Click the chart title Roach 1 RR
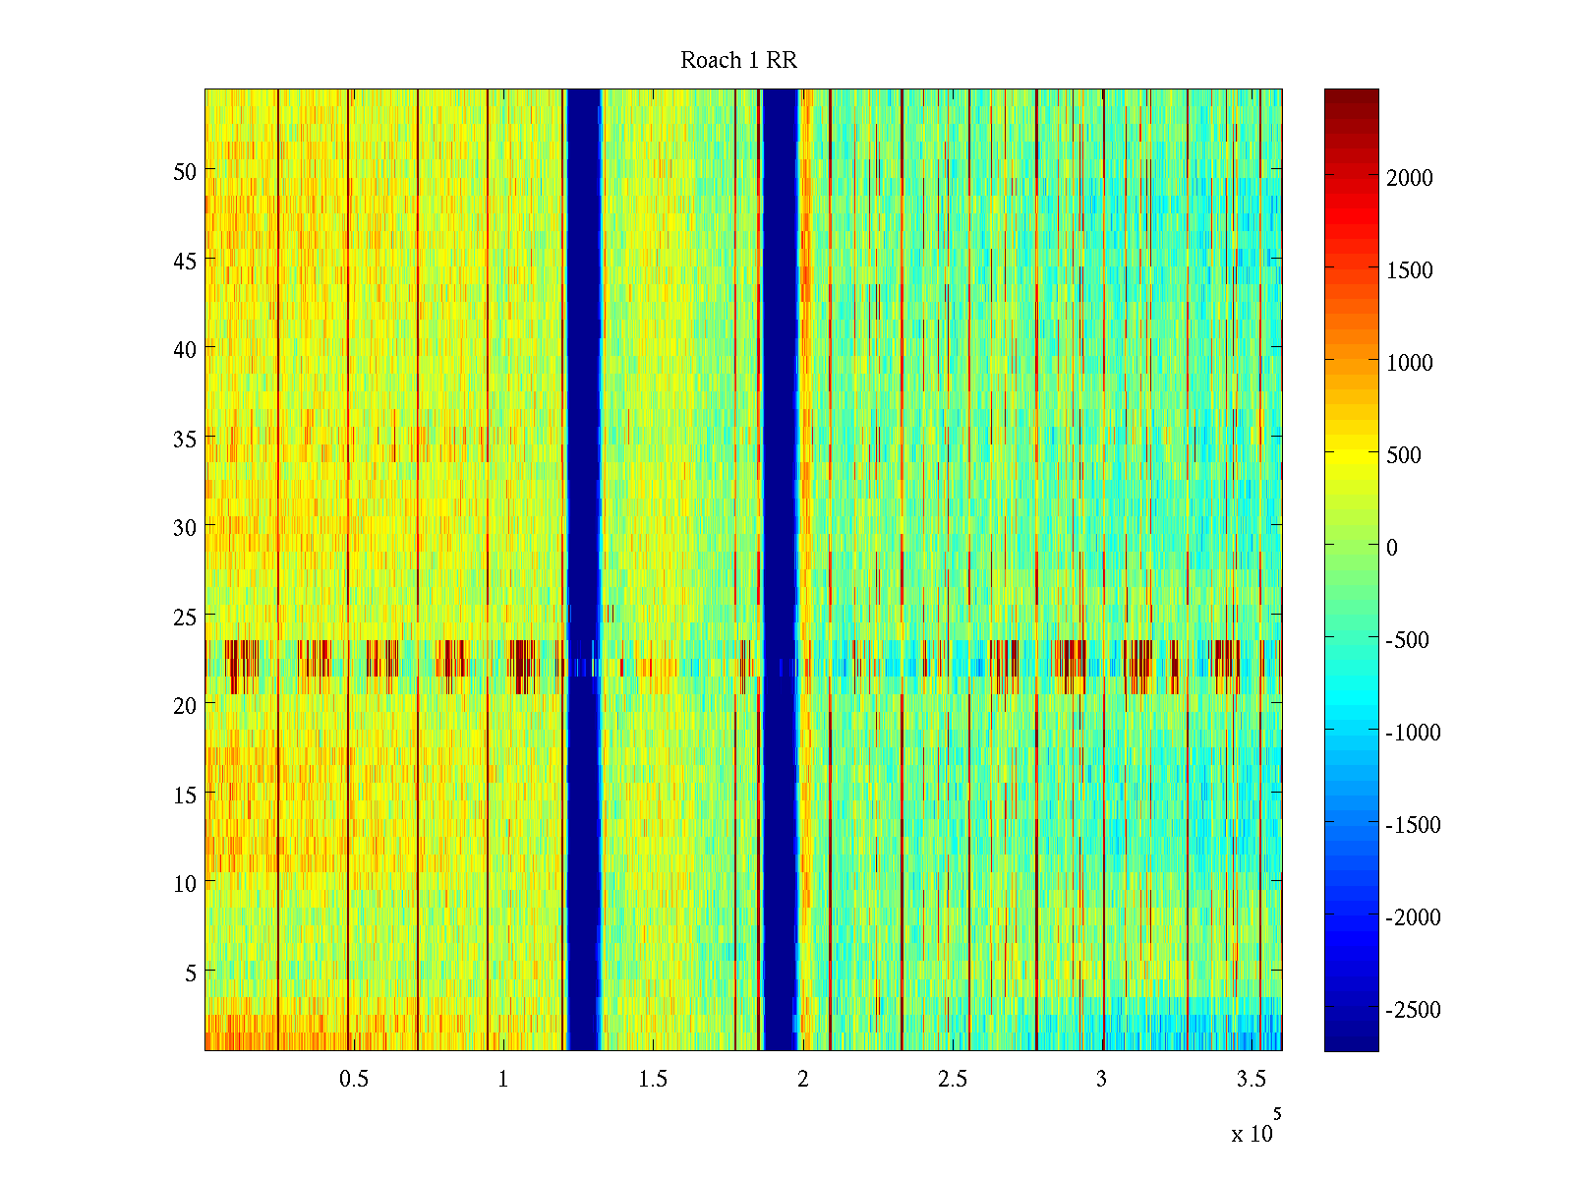pyautogui.click(x=738, y=61)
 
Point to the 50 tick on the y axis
pyautogui.click(x=185, y=171)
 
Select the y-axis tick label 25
pyautogui.click(x=185, y=617)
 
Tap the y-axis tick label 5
pyautogui.click(x=191, y=973)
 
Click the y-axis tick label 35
pyautogui.click(x=185, y=439)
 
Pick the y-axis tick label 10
pyautogui.click(x=185, y=884)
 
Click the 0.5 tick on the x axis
pyautogui.click(x=354, y=1080)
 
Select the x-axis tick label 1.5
pyautogui.click(x=653, y=1080)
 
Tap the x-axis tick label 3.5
pyautogui.click(x=1251, y=1080)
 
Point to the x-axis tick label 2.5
pyautogui.click(x=952, y=1080)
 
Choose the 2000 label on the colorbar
pyautogui.click(x=1410, y=178)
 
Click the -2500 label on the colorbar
pyautogui.click(x=1414, y=1010)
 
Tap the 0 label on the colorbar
pyautogui.click(x=1392, y=548)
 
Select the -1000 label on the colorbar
pyautogui.click(x=1414, y=733)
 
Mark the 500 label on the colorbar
pyautogui.click(x=1404, y=455)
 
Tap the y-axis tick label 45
pyautogui.click(x=185, y=261)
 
